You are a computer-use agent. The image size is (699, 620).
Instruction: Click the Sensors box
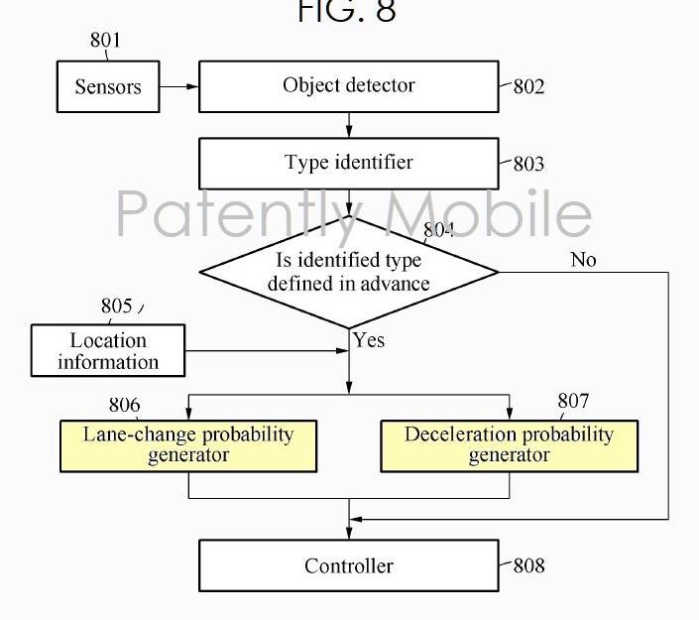[108, 86]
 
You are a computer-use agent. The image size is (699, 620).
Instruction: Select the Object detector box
[348, 86]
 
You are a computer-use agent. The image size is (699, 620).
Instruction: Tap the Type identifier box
[348, 163]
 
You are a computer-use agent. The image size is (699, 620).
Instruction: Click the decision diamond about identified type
[348, 272]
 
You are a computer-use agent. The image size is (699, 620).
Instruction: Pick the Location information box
[108, 351]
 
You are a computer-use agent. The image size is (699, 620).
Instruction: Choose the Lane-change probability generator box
[188, 445]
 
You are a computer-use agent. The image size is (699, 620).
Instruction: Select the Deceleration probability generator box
[509, 445]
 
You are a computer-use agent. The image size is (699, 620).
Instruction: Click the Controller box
[348, 566]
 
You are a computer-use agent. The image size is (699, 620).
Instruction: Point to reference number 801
[105, 41]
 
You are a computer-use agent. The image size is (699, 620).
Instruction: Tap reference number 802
[528, 87]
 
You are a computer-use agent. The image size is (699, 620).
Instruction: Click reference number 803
[528, 165]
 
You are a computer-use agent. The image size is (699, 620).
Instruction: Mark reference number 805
[116, 307]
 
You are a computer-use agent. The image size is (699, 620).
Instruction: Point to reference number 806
[124, 406]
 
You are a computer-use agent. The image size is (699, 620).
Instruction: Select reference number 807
[573, 401]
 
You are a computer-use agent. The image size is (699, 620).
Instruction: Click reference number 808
[528, 566]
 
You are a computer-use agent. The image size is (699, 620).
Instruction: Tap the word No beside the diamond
[583, 260]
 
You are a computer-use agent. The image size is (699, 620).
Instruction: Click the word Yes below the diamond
[369, 340]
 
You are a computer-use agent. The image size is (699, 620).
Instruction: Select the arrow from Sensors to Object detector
[178, 86]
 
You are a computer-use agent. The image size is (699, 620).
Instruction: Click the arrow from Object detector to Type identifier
[349, 125]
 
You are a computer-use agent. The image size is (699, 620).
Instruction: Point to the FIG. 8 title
[346, 12]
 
